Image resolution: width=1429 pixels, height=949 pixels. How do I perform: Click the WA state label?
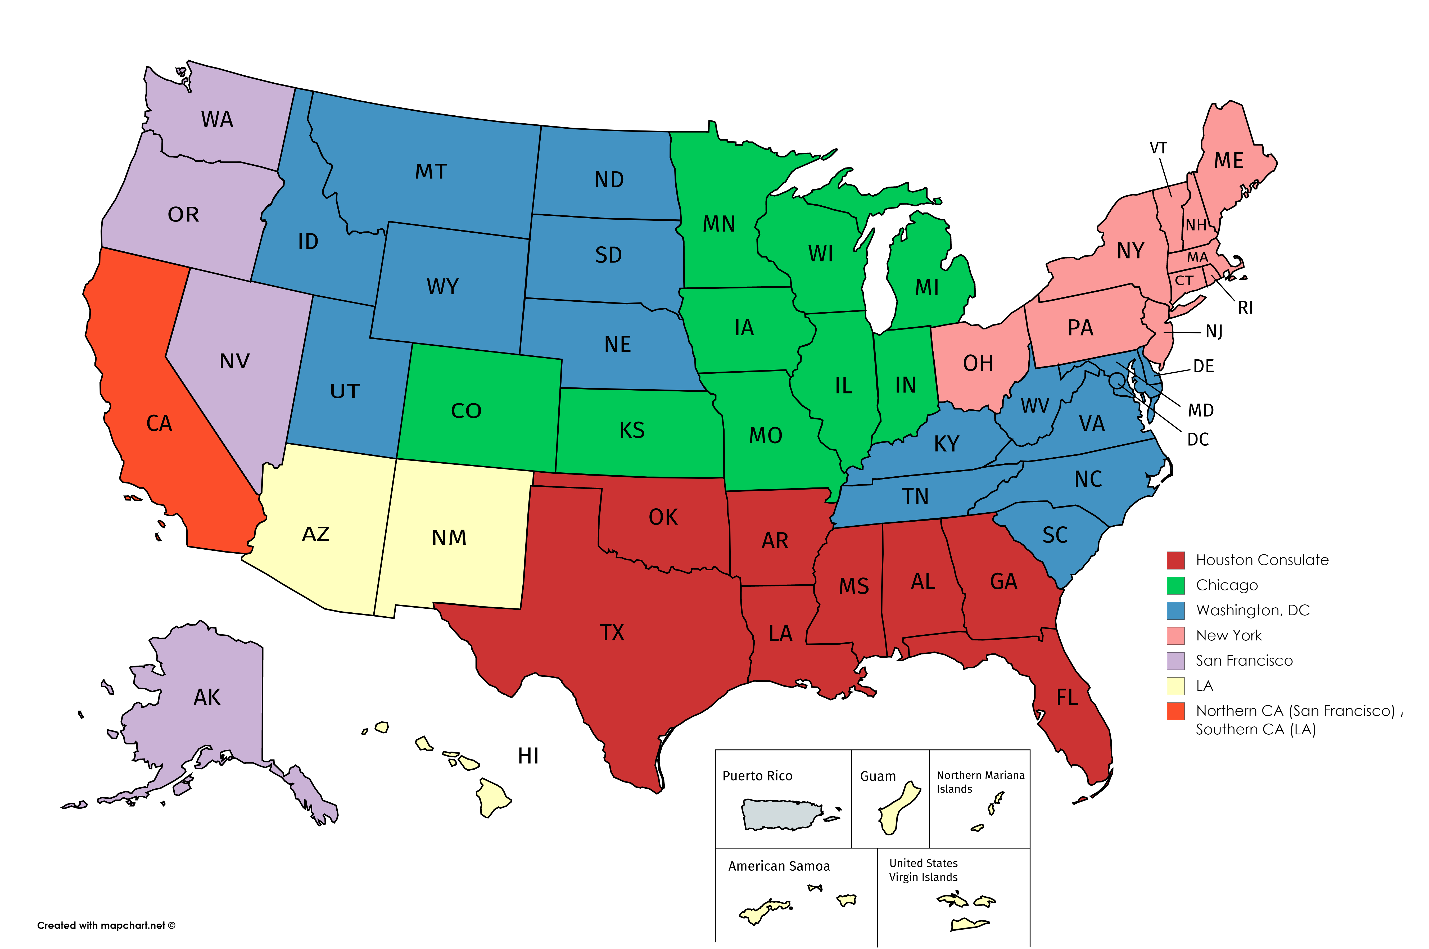[217, 119]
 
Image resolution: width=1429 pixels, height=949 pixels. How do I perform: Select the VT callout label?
[1158, 148]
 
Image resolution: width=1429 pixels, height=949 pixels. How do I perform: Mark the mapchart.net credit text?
[106, 925]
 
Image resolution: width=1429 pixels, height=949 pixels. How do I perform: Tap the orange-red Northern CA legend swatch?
[1175, 711]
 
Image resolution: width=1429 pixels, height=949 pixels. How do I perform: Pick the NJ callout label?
[1214, 332]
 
